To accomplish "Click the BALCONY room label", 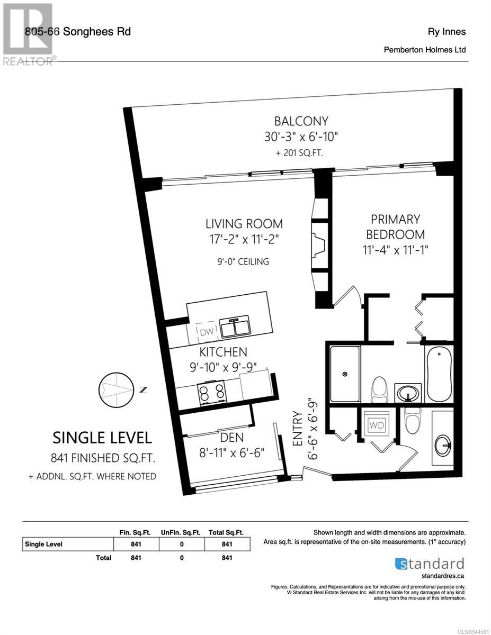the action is [301, 121].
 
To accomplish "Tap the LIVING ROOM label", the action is [244, 224].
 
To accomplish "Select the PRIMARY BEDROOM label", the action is [395, 227].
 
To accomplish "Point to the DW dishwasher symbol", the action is [207, 332].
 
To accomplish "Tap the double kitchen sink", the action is [234, 326].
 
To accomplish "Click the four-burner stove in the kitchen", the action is [211, 393].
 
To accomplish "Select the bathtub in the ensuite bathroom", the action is [440, 374].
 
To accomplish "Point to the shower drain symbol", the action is [345, 374].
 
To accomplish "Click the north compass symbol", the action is [117, 390].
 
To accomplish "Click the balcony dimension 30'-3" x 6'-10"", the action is [301, 137].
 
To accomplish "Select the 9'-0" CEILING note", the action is [243, 261].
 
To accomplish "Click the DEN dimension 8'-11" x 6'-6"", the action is [232, 453].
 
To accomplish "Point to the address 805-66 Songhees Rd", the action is [78, 32].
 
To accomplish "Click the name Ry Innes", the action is [447, 32].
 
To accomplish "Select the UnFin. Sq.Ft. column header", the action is [181, 533].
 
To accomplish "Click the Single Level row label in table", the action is [43, 544].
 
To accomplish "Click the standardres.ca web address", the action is [443, 576].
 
